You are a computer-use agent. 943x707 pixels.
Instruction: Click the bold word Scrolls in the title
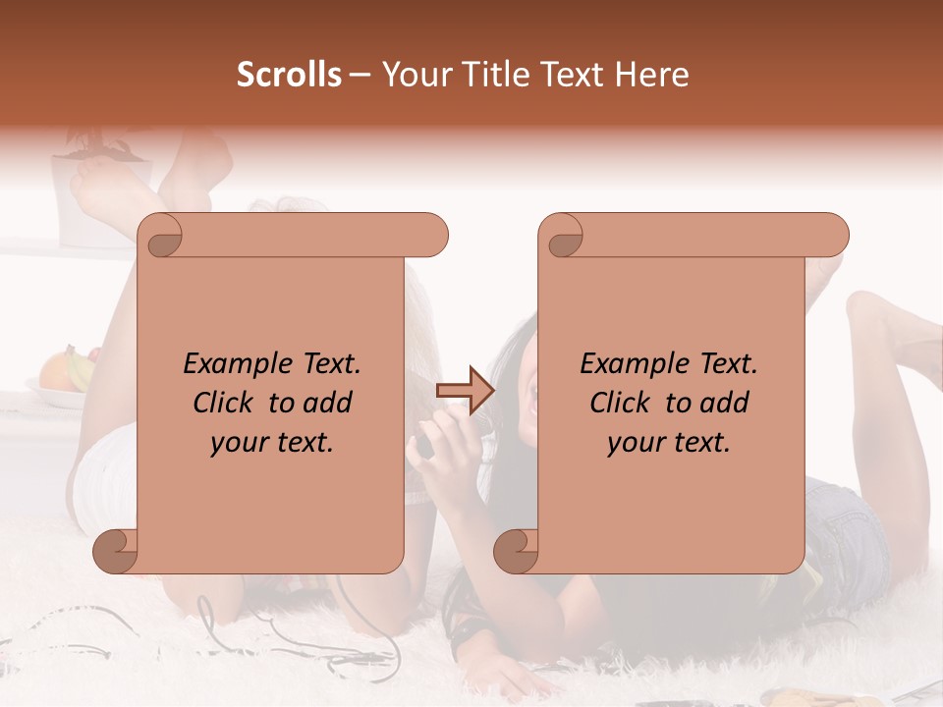tap(290, 75)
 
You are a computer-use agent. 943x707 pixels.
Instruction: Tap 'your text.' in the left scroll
tap(272, 443)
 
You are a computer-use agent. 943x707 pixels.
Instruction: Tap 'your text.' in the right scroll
tap(669, 443)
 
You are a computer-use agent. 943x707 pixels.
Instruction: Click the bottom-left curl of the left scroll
tap(116, 551)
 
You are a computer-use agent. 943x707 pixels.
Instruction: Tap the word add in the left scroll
tap(327, 403)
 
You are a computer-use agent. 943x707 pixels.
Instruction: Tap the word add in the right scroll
tap(724, 403)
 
